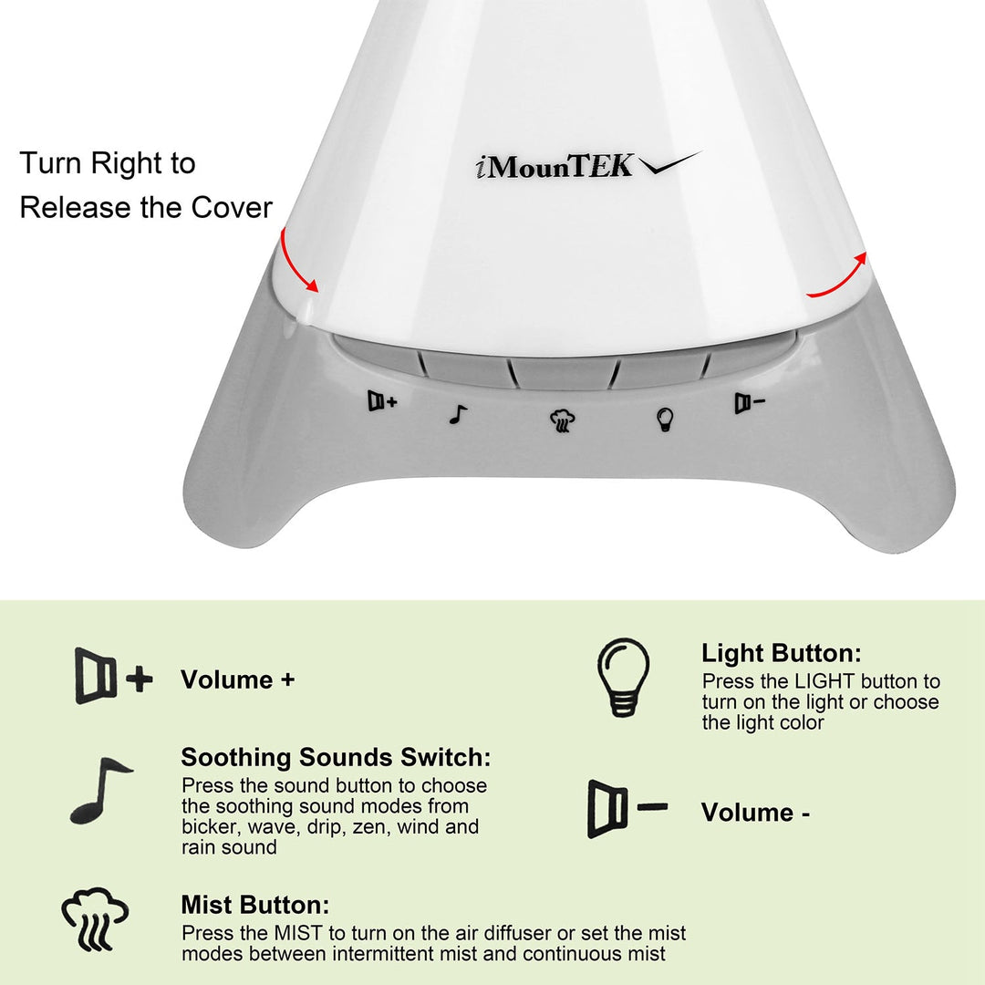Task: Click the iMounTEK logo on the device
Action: [x=587, y=166]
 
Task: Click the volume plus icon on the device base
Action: [x=382, y=400]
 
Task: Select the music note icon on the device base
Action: [x=458, y=415]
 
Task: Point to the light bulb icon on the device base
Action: [x=665, y=420]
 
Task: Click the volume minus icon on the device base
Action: [x=750, y=403]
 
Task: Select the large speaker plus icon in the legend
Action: [x=113, y=677]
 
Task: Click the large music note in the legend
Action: [x=99, y=791]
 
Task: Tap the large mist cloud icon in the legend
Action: [x=95, y=919]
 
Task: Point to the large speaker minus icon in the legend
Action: [x=627, y=809]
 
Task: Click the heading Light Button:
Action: [x=781, y=653]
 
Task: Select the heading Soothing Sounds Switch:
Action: [x=336, y=757]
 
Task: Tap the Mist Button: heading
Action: [x=254, y=906]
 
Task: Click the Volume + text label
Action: [x=237, y=679]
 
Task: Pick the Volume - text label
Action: [x=755, y=812]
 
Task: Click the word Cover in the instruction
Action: [x=232, y=207]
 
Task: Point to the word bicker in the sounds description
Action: [x=210, y=827]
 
